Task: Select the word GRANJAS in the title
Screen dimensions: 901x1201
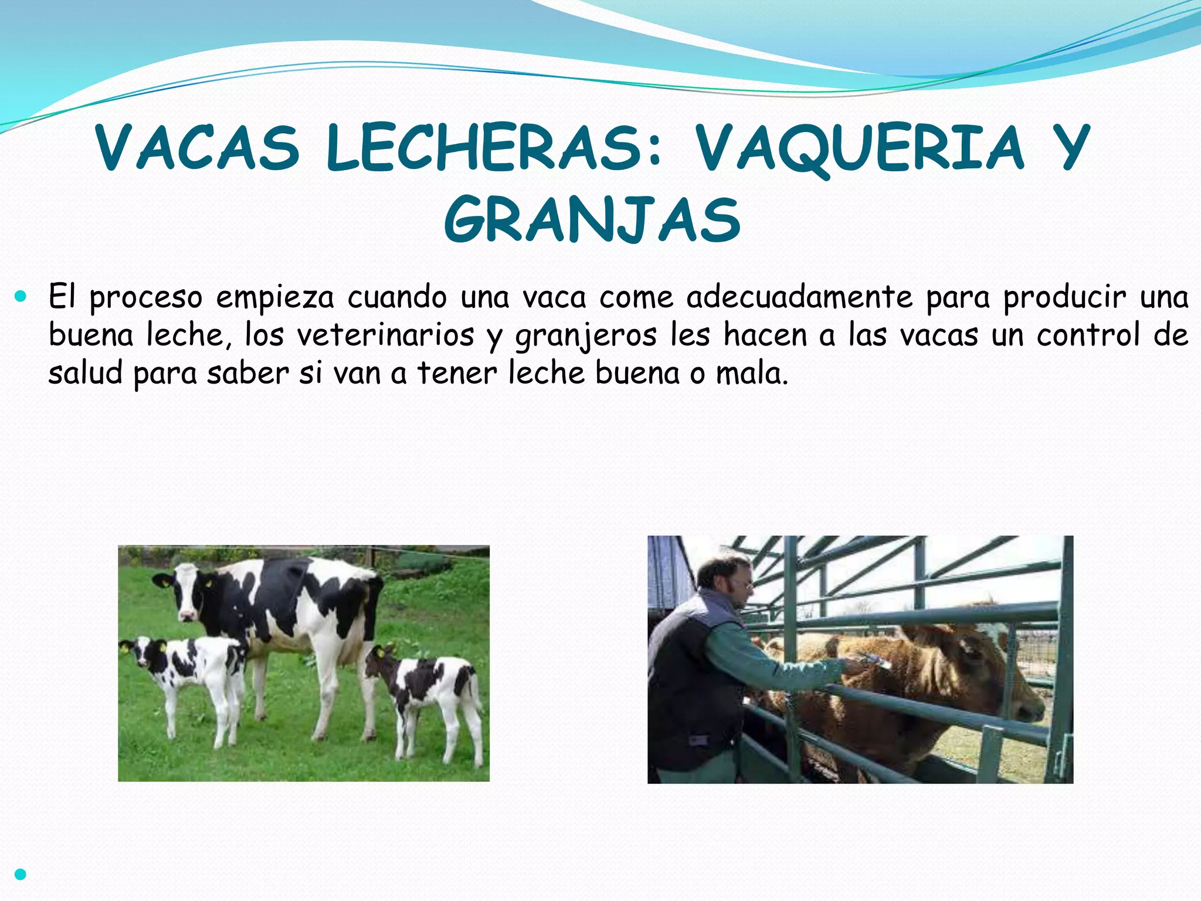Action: [592, 220]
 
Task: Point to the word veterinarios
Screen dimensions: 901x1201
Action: [385, 336]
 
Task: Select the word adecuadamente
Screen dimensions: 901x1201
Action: [800, 297]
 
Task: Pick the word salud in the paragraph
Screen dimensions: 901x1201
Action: [85, 373]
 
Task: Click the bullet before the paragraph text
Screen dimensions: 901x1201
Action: [21, 297]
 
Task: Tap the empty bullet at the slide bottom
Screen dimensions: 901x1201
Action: [21, 875]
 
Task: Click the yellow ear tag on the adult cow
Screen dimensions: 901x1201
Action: [208, 584]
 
